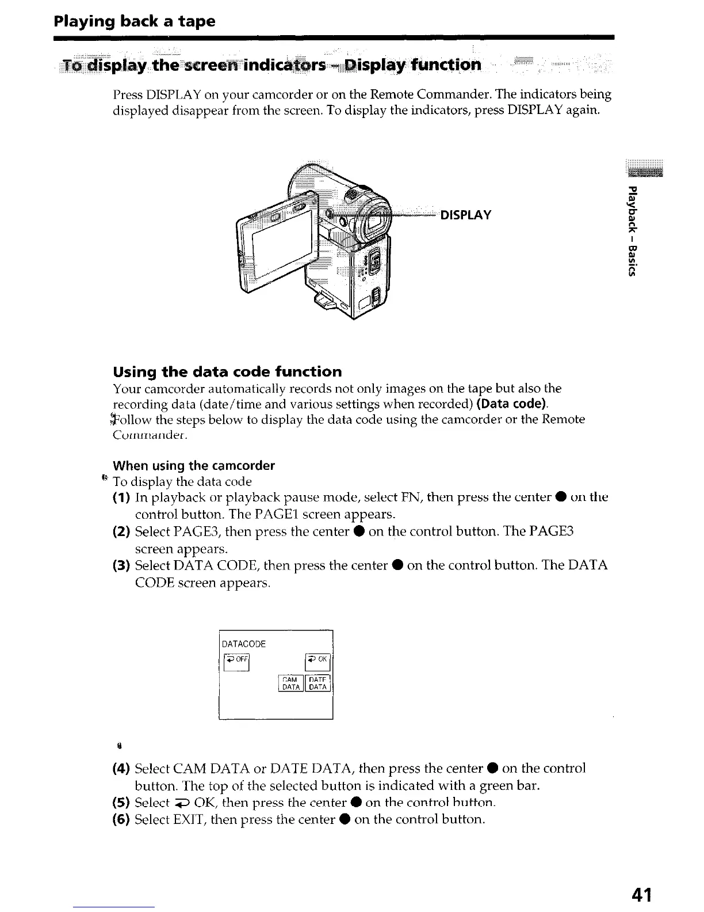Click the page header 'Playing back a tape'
(134, 21)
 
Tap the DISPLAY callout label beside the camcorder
(465, 215)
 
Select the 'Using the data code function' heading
(227, 371)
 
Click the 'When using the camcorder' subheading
(194, 465)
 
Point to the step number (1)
(122, 497)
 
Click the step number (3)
(122, 565)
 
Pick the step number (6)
(122, 819)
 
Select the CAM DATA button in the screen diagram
(290, 683)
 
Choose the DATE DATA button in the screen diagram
(318, 683)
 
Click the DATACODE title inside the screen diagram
(244, 644)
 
